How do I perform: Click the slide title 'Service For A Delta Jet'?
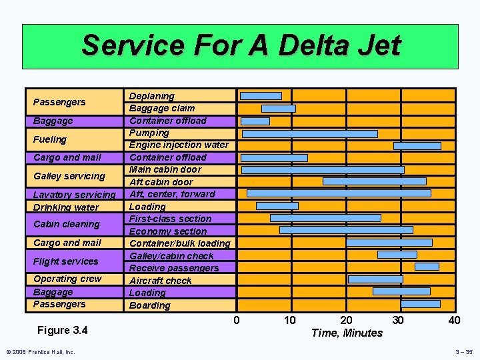point(241,46)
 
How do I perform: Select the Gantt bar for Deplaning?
point(261,96)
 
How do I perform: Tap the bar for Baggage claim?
point(278,108)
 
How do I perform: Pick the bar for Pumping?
point(309,133)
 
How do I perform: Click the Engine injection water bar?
point(417,145)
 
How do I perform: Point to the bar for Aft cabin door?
point(374,181)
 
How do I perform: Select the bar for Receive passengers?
point(427,267)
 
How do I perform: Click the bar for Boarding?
point(420,303)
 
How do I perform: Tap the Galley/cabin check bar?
point(397,255)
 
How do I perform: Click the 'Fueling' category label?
point(50,139)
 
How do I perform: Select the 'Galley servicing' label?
point(69,176)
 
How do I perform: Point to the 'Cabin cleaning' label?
point(66,224)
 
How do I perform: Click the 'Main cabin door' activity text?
point(165,169)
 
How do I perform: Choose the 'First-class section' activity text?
point(170,219)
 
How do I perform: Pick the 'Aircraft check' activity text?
point(161,281)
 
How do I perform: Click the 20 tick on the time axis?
point(346,320)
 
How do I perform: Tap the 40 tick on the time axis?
point(454,320)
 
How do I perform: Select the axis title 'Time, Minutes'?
point(347,333)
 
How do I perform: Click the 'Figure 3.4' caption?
point(63,330)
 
